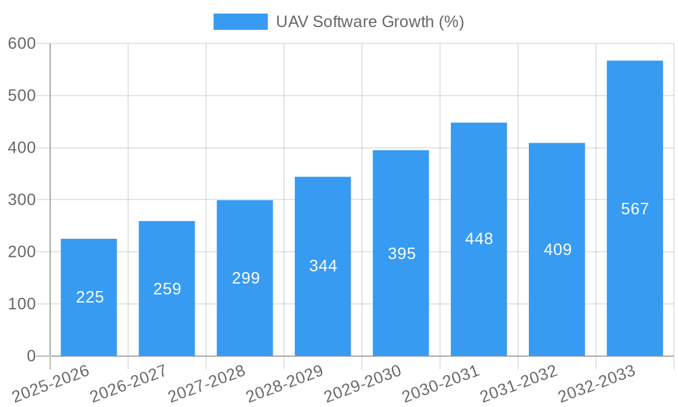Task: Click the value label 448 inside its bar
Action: pos(479,239)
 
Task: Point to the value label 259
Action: pos(167,289)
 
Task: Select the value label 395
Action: pos(401,254)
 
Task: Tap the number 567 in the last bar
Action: pos(635,209)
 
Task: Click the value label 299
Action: pos(245,278)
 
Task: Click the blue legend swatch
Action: pos(240,22)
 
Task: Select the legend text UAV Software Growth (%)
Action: pos(370,22)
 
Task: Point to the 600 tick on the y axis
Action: pos(22,43)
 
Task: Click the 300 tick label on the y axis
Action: pos(22,199)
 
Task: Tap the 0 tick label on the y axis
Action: pos(31,356)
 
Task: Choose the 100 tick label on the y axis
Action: pos(22,304)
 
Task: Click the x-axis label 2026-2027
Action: pos(129,383)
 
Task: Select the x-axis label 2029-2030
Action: pos(363,383)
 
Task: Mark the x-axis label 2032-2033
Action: pos(597,383)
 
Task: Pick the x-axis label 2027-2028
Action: pos(207,383)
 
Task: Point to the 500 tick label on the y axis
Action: pos(22,96)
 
